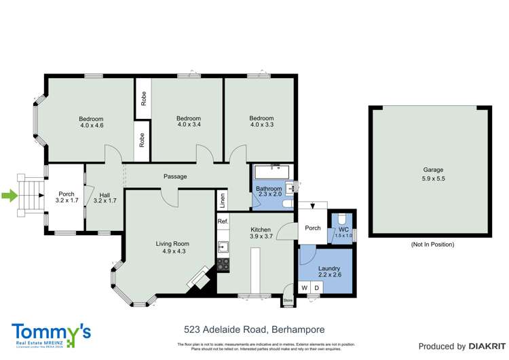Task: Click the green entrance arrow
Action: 10,197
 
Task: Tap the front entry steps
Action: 31,197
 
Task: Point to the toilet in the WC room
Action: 342,219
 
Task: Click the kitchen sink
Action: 222,246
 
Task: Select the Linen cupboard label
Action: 222,201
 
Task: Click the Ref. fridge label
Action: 222,221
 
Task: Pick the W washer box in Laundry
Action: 305,288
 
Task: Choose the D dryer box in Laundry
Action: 316,288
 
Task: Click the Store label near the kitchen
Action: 287,299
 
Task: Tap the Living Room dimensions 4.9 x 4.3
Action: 172,251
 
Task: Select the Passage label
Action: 175,177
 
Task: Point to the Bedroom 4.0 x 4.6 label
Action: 92,122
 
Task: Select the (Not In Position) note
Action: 433,244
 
